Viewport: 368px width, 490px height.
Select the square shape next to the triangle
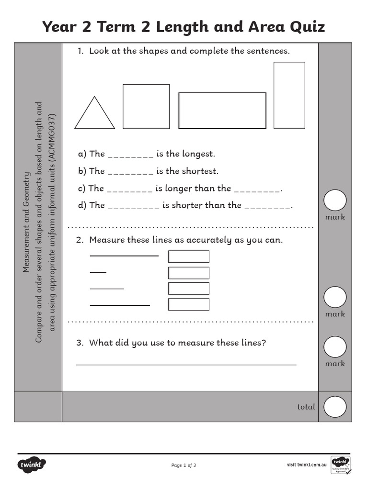[146, 106]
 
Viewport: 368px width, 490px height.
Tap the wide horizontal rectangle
[222, 111]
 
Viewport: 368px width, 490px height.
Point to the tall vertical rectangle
[289, 95]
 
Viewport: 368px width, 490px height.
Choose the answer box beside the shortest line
[189, 273]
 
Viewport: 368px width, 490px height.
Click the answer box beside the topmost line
[189, 256]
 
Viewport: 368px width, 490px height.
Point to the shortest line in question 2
[98, 272]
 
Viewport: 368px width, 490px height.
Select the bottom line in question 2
[120, 305]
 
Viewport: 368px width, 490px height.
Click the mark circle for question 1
[335, 200]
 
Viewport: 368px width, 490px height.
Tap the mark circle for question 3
[335, 347]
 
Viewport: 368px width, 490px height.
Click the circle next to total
[335, 407]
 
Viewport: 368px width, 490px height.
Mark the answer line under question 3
[186, 365]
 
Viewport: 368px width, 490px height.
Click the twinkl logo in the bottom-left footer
[32, 464]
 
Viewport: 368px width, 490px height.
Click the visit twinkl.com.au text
[307, 465]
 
